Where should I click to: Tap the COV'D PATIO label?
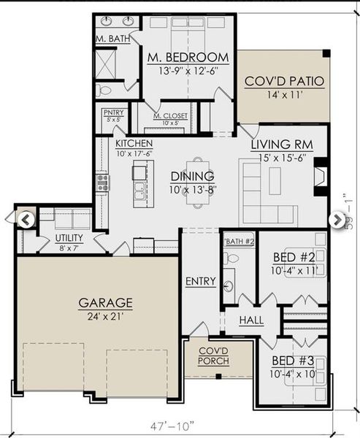pos(284,81)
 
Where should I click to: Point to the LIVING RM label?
pos(282,145)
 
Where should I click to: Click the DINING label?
pos(192,176)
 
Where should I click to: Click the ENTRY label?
pos(200,281)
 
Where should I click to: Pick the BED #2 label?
pos(294,258)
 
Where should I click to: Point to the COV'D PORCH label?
pos(215,356)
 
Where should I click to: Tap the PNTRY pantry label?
pos(114,112)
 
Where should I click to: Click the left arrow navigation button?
pos(26,218)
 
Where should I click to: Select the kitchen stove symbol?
pos(103,182)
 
